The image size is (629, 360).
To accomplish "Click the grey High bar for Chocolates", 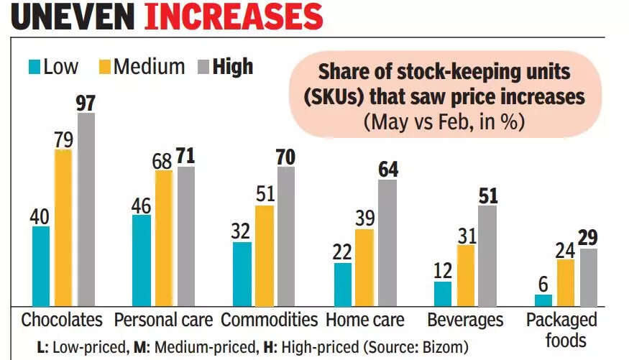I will point(86,210).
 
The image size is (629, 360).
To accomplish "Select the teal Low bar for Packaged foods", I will point(543,300).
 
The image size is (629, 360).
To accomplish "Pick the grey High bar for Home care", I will point(387,243).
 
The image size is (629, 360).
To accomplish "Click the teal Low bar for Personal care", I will point(142,261).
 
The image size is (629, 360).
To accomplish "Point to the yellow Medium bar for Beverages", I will point(467,276).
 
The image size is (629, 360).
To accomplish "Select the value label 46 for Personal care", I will point(142,205).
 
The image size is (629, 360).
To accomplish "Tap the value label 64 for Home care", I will point(387,170).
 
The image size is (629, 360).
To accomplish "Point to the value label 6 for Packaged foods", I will point(543,284).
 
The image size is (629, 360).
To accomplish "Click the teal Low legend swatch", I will point(34,67).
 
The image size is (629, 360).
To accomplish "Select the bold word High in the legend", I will point(233,67).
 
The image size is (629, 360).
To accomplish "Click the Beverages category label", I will point(465,320).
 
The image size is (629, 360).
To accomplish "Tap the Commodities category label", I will point(270,320).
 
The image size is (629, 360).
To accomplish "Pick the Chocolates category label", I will point(63,320).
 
